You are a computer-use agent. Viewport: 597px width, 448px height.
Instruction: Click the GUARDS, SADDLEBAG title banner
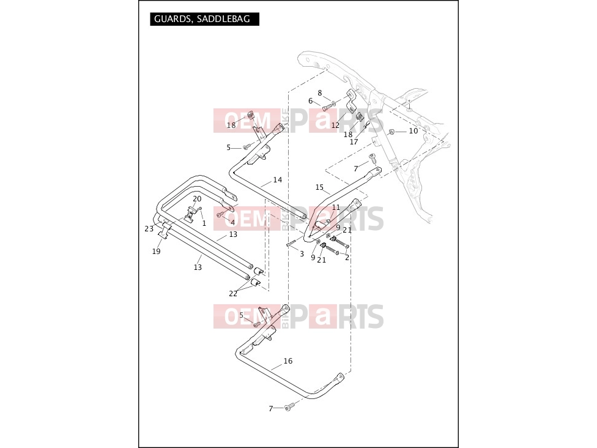tap(204, 19)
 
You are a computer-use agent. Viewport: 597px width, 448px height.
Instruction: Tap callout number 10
tap(413, 131)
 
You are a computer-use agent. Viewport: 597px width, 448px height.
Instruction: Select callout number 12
tap(335, 125)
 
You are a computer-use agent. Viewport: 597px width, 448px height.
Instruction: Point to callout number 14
tap(278, 180)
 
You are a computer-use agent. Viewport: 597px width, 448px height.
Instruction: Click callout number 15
tap(319, 187)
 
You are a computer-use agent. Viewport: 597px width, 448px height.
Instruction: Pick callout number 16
tap(288, 360)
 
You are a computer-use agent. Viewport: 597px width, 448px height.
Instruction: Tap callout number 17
tap(354, 142)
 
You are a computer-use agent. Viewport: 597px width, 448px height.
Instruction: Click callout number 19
tap(156, 252)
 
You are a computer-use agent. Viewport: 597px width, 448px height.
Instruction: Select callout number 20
tap(197, 199)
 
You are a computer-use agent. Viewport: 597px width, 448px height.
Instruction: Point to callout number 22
tap(233, 294)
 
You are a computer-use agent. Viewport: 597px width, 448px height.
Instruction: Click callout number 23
tap(149, 228)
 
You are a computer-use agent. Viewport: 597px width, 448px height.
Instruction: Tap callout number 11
tap(336, 207)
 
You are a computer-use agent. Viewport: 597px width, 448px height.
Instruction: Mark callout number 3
tap(302, 254)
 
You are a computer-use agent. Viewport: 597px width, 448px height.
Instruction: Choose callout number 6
tap(310, 101)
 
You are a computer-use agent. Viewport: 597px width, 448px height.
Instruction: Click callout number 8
tap(320, 93)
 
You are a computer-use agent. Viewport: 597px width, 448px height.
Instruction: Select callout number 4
tap(232, 223)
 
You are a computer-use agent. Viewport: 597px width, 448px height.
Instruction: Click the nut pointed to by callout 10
tap(390, 132)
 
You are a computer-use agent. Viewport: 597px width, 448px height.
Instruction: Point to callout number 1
tap(204, 223)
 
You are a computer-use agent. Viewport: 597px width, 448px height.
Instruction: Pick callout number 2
tap(347, 258)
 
